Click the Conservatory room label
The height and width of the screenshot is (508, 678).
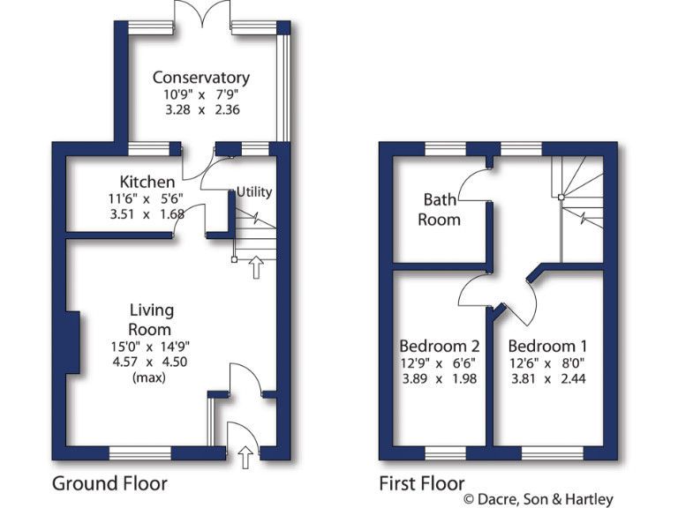coord(200,78)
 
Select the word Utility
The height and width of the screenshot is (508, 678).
coord(254,192)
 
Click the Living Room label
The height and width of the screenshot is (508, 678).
coord(152,319)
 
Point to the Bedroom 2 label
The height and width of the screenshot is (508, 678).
coord(440,346)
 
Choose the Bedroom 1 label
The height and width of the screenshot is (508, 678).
coord(547,346)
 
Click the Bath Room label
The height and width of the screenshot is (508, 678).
coord(440,210)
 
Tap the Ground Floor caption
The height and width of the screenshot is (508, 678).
coord(109,483)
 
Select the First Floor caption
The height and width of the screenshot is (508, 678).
coord(422,483)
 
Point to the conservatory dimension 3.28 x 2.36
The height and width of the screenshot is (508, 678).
coord(200,110)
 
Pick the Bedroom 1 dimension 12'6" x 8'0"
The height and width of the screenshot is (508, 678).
coord(547,362)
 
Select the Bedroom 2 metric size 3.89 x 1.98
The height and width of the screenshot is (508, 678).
coord(440,379)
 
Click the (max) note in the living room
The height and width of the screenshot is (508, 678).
coord(149,377)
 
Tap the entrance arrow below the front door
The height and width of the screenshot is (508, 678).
coord(245,455)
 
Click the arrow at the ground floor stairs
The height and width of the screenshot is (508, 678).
coord(257,266)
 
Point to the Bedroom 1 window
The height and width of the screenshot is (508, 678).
coord(551,453)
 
